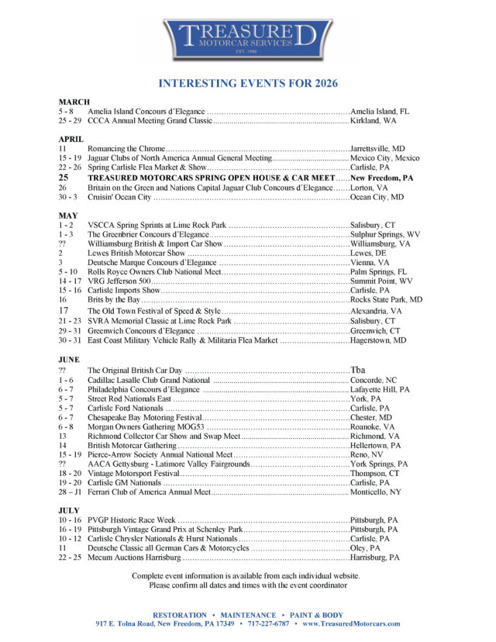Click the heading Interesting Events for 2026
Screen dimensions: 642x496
pyautogui.click(x=248, y=83)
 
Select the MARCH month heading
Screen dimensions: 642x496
pyautogui.click(x=74, y=102)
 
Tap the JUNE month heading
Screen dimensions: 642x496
pyautogui.click(x=71, y=360)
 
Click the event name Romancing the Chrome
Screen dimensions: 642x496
pyautogui.click(x=126, y=148)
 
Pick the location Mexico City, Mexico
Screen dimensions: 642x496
pyautogui.click(x=384, y=158)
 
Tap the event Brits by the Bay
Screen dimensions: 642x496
pyautogui.click(x=114, y=299)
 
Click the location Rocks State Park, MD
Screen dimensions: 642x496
pyautogui.click(x=386, y=299)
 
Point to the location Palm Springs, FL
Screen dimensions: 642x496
pyautogui.click(x=378, y=273)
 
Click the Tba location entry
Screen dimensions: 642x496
pyautogui.click(x=358, y=371)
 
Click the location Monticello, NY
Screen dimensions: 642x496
pyautogui.click(x=376, y=492)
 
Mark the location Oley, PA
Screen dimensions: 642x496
pyautogui.click(x=366, y=547)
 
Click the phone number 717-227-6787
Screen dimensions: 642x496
pyautogui.click(x=269, y=623)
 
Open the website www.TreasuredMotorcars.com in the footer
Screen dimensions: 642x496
pyautogui.click(x=351, y=623)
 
